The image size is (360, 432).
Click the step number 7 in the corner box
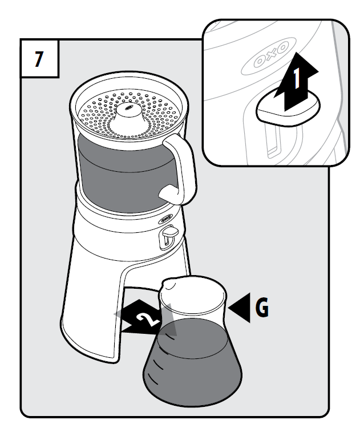(x=39, y=59)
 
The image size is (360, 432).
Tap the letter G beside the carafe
(x=262, y=307)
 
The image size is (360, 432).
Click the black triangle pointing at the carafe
(x=240, y=308)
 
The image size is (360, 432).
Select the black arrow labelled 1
(x=296, y=82)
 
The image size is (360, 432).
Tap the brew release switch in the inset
(x=288, y=107)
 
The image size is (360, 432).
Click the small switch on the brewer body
(x=168, y=233)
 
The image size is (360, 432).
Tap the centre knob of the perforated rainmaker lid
(x=129, y=114)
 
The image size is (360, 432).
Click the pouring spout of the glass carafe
(x=168, y=284)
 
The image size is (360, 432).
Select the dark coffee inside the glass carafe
(x=193, y=361)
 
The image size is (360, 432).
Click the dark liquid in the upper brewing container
(x=124, y=173)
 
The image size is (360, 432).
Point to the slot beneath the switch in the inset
(x=273, y=140)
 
